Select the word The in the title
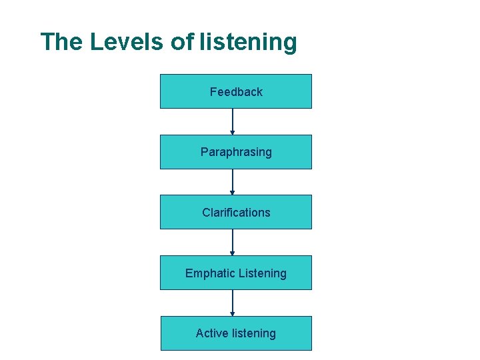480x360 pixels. point(62,42)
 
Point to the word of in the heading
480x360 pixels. point(182,42)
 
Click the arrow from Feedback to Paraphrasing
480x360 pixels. point(233,121)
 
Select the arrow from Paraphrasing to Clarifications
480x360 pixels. point(233,182)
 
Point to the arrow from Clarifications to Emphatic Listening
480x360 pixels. point(233,242)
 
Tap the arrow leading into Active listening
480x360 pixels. point(233,303)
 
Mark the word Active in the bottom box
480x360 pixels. point(210,333)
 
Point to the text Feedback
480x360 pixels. point(236,92)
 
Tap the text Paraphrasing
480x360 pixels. point(236,152)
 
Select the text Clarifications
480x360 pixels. point(236,213)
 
